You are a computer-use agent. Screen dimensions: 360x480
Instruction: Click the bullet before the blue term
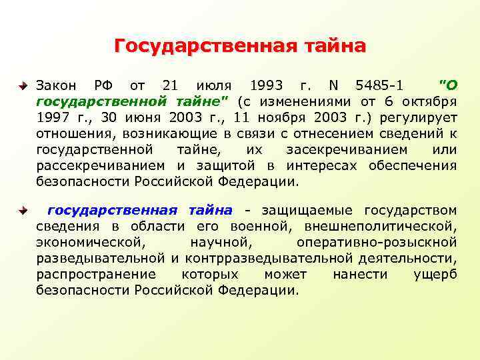23,211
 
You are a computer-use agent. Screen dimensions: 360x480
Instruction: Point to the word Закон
57,86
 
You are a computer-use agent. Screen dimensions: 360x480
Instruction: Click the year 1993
266,86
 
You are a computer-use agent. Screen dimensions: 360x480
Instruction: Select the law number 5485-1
380,86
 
